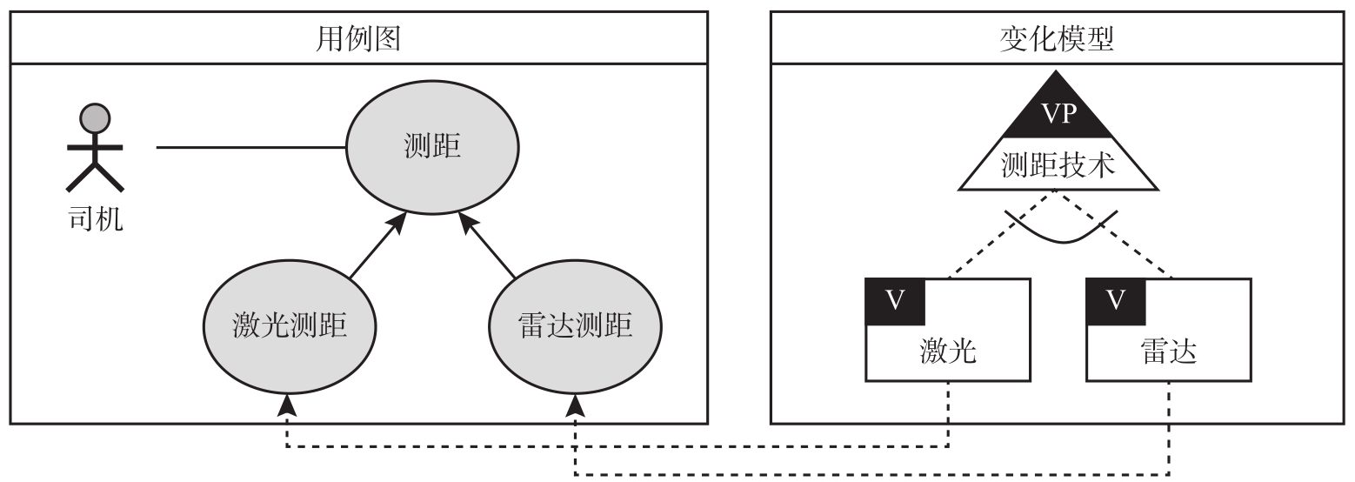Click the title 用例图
tap(357, 38)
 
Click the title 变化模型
tap(1057, 38)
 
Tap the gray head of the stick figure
tap(95, 117)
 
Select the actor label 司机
tap(95, 218)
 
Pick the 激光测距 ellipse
tap(290, 327)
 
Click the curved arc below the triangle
tap(1061, 237)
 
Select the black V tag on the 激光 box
tap(895, 300)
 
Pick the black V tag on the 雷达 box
tap(1116, 300)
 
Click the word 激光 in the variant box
tap(948, 351)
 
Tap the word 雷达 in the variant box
tap(1169, 351)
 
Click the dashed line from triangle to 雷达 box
tap(1122, 239)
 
